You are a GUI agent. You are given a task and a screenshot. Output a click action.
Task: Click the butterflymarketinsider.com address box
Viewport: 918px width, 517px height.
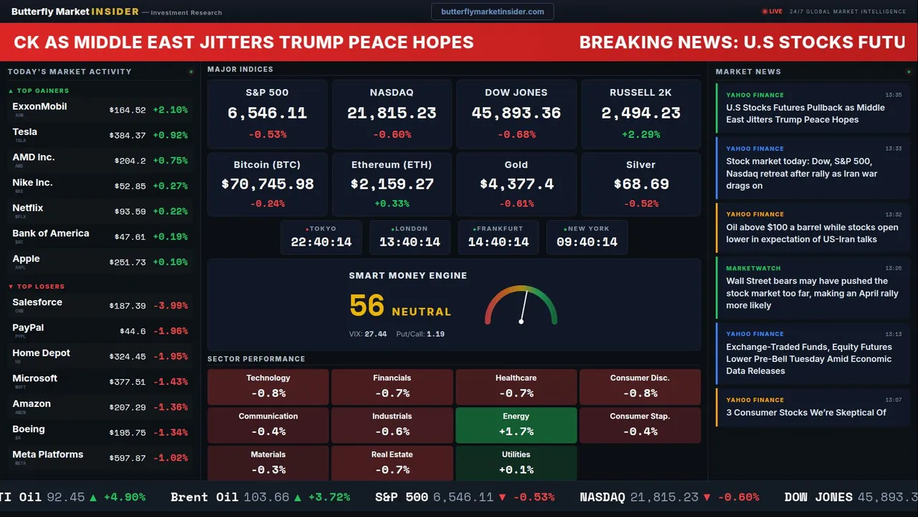click(492, 11)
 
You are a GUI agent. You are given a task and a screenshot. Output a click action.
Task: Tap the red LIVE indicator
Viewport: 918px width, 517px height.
click(773, 11)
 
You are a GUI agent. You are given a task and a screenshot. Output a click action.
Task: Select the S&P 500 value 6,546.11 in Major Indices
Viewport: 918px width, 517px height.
click(267, 113)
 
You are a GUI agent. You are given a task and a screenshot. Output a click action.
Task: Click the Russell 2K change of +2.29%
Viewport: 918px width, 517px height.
click(640, 134)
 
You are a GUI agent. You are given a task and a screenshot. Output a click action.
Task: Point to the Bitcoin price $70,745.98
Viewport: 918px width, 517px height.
click(267, 184)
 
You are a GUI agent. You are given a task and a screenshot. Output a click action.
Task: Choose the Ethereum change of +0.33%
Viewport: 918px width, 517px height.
click(392, 204)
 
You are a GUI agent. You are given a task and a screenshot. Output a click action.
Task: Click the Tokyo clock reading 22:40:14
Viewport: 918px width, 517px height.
click(321, 242)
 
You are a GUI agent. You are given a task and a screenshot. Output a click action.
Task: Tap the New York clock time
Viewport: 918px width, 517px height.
click(587, 242)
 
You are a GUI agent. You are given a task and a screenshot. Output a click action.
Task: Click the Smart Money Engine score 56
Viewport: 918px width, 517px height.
click(366, 306)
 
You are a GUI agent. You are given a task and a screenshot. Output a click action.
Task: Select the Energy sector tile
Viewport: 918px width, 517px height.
click(516, 425)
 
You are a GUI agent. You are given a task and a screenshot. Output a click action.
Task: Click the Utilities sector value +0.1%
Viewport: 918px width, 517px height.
click(516, 470)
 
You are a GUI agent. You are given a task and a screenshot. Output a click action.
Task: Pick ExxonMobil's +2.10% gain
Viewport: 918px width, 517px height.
click(170, 110)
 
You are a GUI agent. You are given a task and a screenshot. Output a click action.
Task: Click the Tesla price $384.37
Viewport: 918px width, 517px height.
click(128, 136)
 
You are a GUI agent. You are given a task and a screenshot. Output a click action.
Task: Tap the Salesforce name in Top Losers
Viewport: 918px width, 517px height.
click(37, 302)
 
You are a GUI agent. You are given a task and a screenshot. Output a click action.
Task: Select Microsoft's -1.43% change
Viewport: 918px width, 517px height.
click(170, 382)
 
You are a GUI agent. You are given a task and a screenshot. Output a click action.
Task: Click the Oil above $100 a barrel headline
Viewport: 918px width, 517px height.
click(812, 233)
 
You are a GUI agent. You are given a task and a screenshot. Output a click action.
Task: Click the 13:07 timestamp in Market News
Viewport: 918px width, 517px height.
click(893, 400)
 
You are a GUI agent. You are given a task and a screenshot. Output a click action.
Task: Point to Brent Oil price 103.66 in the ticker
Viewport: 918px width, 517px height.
click(266, 497)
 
